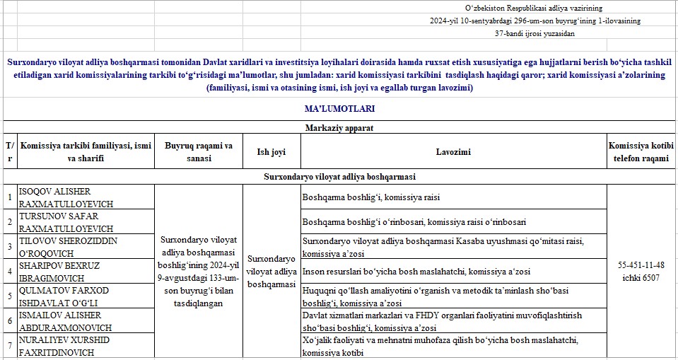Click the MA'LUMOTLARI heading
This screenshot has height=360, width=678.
pyautogui.click(x=339, y=109)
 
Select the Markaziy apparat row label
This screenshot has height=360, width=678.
pyautogui.click(x=339, y=128)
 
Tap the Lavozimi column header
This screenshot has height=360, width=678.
pyautogui.click(x=453, y=152)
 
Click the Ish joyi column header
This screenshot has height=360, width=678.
pyautogui.click(x=271, y=152)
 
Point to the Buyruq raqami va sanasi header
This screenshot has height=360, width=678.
pyautogui.click(x=198, y=152)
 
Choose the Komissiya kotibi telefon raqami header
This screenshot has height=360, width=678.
pyautogui.click(x=642, y=152)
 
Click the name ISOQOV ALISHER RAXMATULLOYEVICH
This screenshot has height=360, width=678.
pyautogui.click(x=66, y=197)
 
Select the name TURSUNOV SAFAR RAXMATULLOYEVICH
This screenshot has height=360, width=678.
pyautogui.click(x=66, y=222)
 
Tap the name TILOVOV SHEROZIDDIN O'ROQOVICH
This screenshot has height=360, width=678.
pyautogui.click(x=66, y=247)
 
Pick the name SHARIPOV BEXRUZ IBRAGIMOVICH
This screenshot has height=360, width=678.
pyautogui.click(x=66, y=272)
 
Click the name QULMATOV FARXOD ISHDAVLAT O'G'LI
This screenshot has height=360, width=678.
pyautogui.click(x=66, y=296)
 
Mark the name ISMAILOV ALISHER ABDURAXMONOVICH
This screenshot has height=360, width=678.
pyautogui.click(x=66, y=321)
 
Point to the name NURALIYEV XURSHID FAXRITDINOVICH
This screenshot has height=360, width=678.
pyautogui.click(x=66, y=345)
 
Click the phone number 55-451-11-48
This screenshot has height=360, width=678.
pyautogui.click(x=641, y=265)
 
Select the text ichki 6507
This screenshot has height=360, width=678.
pyautogui.click(x=641, y=277)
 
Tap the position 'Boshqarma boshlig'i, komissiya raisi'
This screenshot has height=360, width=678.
pyautogui.click(x=371, y=198)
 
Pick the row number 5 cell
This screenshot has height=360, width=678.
pyautogui.click(x=9, y=296)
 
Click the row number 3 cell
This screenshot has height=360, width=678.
pyautogui.click(x=9, y=247)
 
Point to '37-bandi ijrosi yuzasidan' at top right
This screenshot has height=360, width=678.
pyautogui.click(x=535, y=33)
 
